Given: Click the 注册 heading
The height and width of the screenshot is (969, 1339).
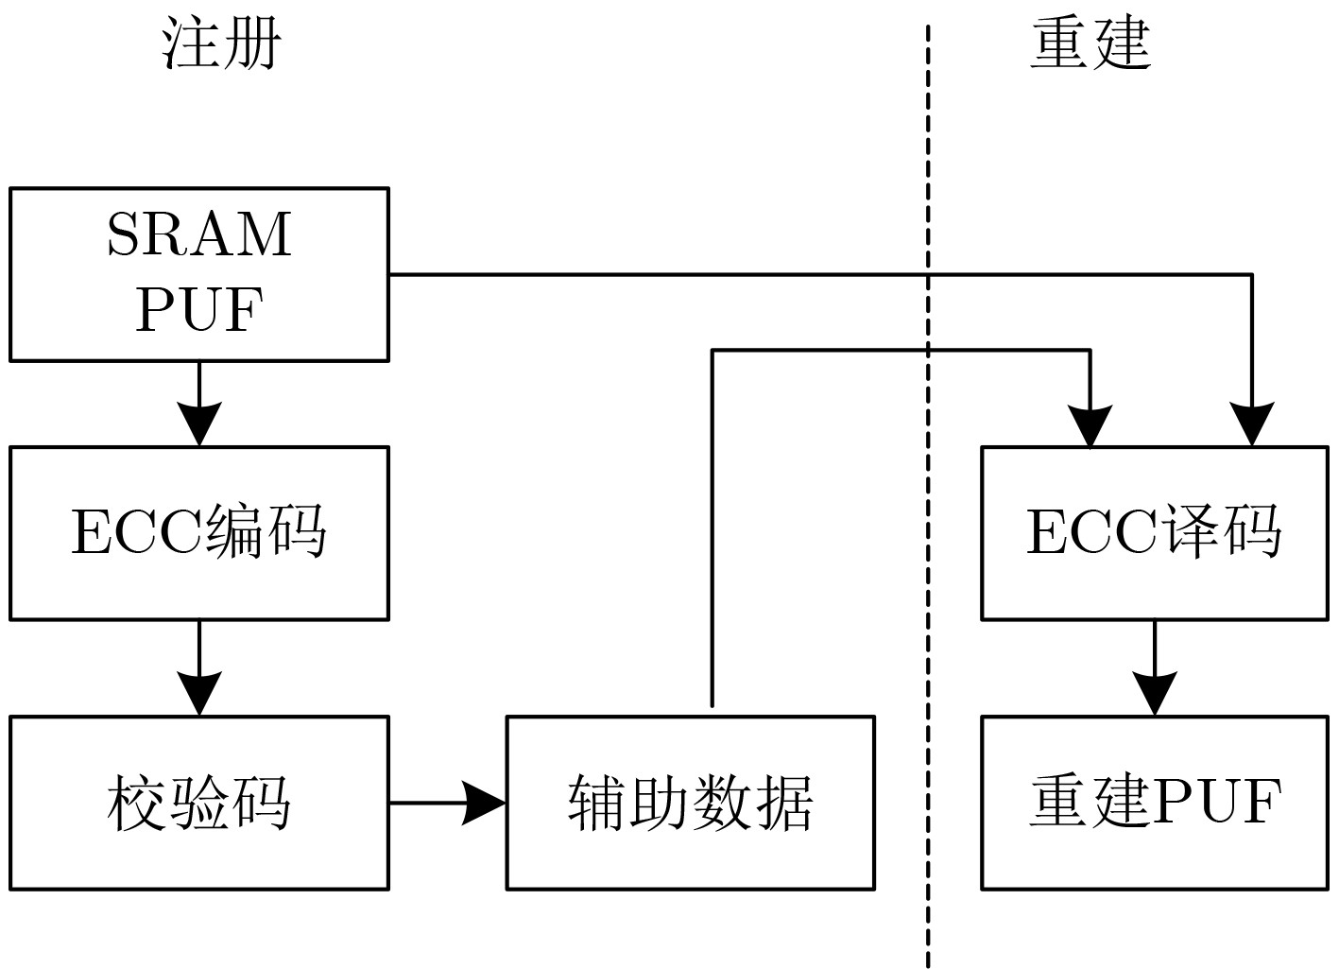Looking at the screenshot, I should (x=223, y=43).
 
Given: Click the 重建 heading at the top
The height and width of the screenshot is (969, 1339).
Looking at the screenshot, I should (x=1090, y=43).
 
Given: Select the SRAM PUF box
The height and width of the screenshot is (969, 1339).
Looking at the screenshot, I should (x=199, y=274).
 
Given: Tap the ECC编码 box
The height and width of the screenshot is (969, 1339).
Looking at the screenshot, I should (x=199, y=533).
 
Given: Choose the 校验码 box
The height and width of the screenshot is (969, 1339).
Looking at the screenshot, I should (x=199, y=803).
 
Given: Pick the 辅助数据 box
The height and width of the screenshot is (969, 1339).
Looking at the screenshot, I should (x=690, y=803).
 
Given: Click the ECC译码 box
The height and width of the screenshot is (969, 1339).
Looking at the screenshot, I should (x=1155, y=533).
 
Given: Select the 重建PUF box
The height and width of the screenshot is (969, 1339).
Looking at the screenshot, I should (x=1155, y=803).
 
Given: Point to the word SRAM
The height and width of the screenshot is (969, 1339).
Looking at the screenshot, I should (x=199, y=235).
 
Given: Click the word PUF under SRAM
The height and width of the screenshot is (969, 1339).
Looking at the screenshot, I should (x=199, y=309).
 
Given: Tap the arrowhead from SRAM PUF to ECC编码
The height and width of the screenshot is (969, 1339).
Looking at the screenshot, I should (x=199, y=424).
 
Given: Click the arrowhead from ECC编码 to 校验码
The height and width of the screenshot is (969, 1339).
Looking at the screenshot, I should (x=199, y=693).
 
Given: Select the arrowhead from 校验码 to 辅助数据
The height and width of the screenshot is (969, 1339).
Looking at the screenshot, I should (x=485, y=804).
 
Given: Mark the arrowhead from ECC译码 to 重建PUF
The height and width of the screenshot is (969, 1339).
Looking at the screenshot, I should (x=1155, y=693).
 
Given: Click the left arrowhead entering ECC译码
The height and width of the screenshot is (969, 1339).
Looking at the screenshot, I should (x=1090, y=425).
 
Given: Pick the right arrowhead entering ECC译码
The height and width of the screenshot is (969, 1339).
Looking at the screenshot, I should (x=1252, y=425).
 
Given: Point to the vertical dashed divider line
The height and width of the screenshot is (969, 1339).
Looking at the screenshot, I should (x=928, y=567).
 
